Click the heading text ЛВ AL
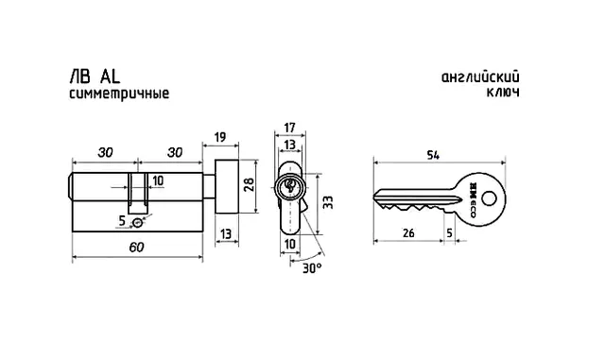(95, 77)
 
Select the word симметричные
(119, 94)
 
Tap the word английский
(480, 77)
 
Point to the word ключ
(503, 93)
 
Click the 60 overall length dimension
(136, 248)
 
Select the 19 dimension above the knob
(220, 137)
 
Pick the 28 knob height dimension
(249, 185)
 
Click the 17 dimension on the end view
(289, 128)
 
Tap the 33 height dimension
(328, 202)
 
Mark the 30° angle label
(312, 267)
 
